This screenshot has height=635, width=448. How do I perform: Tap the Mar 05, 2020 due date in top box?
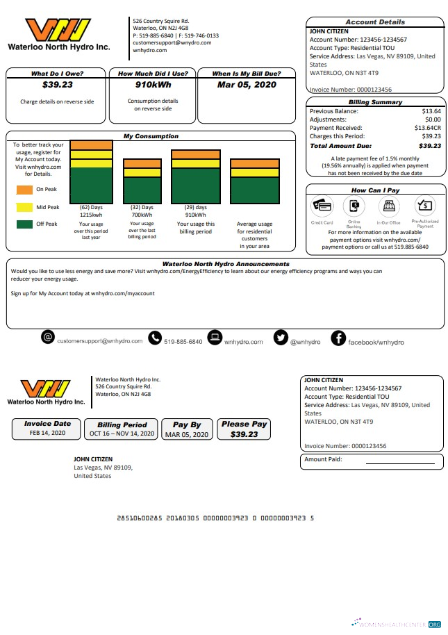pyautogui.click(x=247, y=85)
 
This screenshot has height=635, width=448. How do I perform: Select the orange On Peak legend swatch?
pyautogui.click(x=24, y=189)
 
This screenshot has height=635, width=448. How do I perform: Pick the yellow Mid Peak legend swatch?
pyautogui.click(x=24, y=206)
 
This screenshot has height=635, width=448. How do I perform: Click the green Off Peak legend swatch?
pyautogui.click(x=24, y=224)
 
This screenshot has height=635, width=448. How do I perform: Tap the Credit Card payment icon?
pyautogui.click(x=323, y=206)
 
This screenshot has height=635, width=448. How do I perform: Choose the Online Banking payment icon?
pyautogui.click(x=354, y=206)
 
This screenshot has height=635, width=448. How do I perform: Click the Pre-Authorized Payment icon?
pyautogui.click(x=424, y=206)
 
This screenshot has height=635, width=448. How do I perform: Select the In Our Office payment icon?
pyautogui.click(x=389, y=206)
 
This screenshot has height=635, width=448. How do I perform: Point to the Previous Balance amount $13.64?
pyautogui.click(x=431, y=111)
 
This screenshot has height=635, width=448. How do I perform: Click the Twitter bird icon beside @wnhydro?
pyautogui.click(x=281, y=338)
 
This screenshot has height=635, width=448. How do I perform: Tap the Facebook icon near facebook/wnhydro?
pyautogui.click(x=338, y=338)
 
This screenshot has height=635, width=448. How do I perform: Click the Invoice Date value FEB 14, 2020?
pyautogui.click(x=47, y=433)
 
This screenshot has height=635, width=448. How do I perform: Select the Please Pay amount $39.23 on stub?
pyautogui.click(x=244, y=434)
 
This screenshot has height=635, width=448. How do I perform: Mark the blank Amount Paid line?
pyautogui.click(x=400, y=462)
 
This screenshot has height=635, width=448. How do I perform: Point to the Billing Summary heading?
pyautogui.click(x=375, y=102)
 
